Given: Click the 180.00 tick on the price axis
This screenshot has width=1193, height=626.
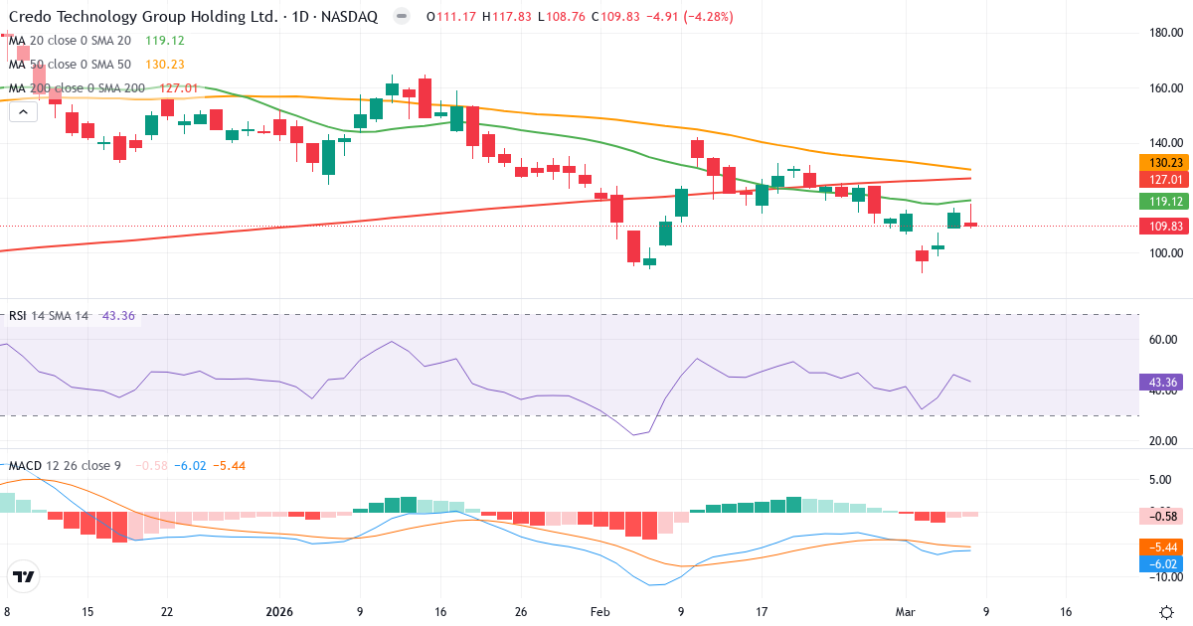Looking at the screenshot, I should (x=1164, y=33).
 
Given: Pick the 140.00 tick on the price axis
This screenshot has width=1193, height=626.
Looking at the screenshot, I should (x=1164, y=143).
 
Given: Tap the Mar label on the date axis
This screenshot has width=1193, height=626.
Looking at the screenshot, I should (x=906, y=612).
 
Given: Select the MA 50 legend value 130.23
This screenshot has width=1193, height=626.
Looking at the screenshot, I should (x=164, y=65).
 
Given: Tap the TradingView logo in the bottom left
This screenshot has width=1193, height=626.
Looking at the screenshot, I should (x=24, y=576).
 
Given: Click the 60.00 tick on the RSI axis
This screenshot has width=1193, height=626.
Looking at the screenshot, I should (x=1164, y=339).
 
